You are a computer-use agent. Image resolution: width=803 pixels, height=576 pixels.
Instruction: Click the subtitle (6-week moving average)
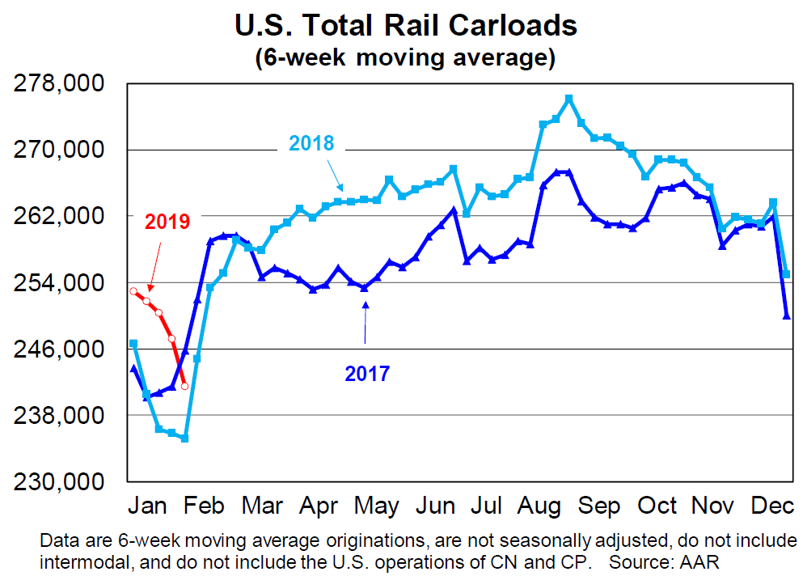pyautogui.click(x=405, y=57)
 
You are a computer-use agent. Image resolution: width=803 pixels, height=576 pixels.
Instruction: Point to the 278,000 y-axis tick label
pyautogui.click(x=61, y=84)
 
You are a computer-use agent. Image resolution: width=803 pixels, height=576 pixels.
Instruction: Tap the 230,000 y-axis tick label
pyautogui.click(x=61, y=481)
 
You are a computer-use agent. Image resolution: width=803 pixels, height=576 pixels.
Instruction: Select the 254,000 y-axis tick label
pyautogui.click(x=61, y=283)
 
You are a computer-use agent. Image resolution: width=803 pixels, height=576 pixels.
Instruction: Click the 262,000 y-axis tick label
pyautogui.click(x=61, y=217)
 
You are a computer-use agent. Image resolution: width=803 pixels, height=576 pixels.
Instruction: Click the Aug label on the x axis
pyautogui.click(x=539, y=506)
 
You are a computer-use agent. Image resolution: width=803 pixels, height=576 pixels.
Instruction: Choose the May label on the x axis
pyautogui.click(x=376, y=506)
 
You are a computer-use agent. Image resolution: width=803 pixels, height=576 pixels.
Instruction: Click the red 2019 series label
pyautogui.click(x=167, y=221)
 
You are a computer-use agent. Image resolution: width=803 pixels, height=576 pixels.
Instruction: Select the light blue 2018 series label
pyautogui.click(x=311, y=144)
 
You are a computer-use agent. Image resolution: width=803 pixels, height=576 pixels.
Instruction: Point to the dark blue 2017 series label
pyautogui.click(x=367, y=374)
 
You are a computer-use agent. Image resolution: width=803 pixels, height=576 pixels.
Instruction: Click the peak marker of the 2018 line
pyautogui.click(x=568, y=99)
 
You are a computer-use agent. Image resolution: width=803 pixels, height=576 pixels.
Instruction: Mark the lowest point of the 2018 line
pyautogui.click(x=184, y=438)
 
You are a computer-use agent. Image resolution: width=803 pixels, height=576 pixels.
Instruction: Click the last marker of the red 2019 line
pyautogui.click(x=185, y=386)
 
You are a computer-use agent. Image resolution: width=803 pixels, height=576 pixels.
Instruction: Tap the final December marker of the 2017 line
pyautogui.click(x=786, y=316)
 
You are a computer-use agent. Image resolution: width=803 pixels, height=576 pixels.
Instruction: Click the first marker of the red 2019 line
pyautogui.click(x=133, y=291)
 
